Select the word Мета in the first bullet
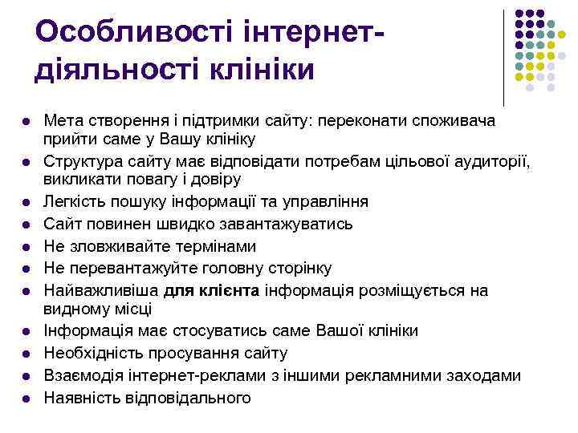[62, 121]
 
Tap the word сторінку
[291, 268]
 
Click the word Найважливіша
[101, 289]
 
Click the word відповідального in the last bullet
[189, 397]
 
